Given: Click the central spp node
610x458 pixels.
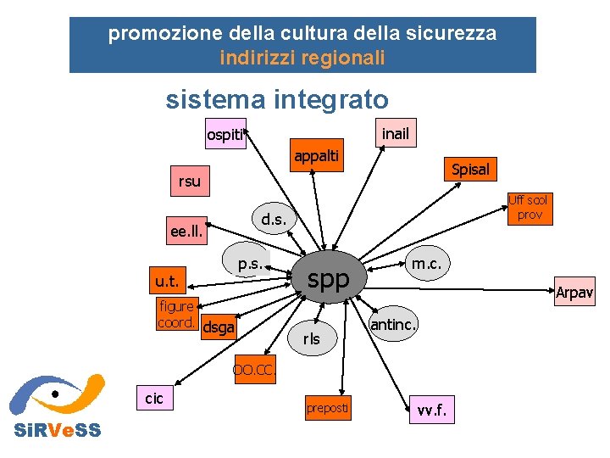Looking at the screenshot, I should (328, 279).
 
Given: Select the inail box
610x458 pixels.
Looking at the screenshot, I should (395, 134).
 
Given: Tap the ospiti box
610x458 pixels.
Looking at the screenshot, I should (225, 135).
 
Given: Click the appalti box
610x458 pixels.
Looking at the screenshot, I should (316, 155).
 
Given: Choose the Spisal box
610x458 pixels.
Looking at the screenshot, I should (470, 169).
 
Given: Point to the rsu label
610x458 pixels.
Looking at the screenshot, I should (190, 181).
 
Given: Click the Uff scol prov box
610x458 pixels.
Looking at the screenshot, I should (530, 208).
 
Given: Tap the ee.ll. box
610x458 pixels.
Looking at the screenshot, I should (186, 232).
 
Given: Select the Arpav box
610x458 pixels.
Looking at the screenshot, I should (574, 293).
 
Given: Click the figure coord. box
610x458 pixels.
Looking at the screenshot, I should (177, 314).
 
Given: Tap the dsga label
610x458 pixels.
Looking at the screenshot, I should (219, 327).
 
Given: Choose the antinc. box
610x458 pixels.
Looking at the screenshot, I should (394, 324).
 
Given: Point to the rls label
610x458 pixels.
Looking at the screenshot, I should (312, 338).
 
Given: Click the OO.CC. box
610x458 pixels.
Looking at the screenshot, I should (254, 371).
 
